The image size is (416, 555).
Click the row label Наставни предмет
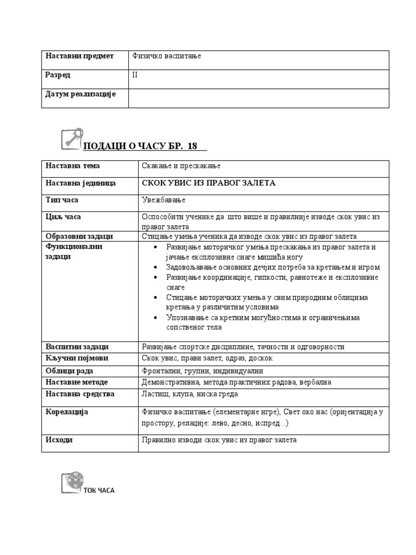click(x=80, y=56)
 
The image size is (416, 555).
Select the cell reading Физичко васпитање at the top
click(x=166, y=56)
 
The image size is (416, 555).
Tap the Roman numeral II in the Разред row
click(x=135, y=75)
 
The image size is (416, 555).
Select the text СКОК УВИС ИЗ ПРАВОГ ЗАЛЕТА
click(x=209, y=183)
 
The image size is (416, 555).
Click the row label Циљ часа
click(x=64, y=217)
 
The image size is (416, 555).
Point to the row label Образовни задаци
click(x=79, y=236)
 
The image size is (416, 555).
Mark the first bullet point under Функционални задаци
click(x=156, y=247)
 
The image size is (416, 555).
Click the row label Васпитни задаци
click(x=77, y=346)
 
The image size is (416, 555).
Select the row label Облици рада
click(x=69, y=371)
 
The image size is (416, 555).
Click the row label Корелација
click(x=67, y=412)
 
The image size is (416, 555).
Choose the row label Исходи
click(x=59, y=440)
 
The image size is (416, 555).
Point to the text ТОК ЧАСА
click(x=99, y=491)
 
